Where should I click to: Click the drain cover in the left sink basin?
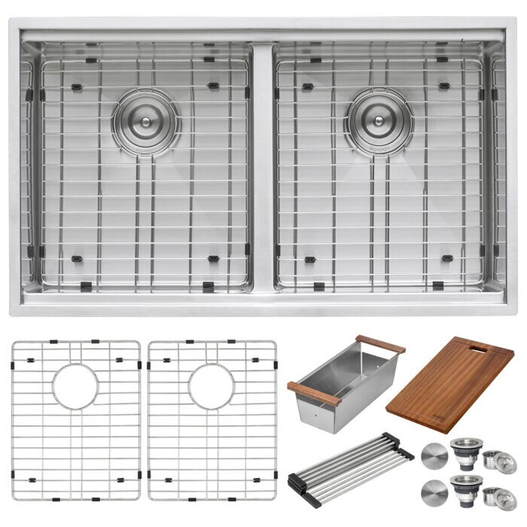click(145, 120)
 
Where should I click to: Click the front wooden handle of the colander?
click(313, 394)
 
